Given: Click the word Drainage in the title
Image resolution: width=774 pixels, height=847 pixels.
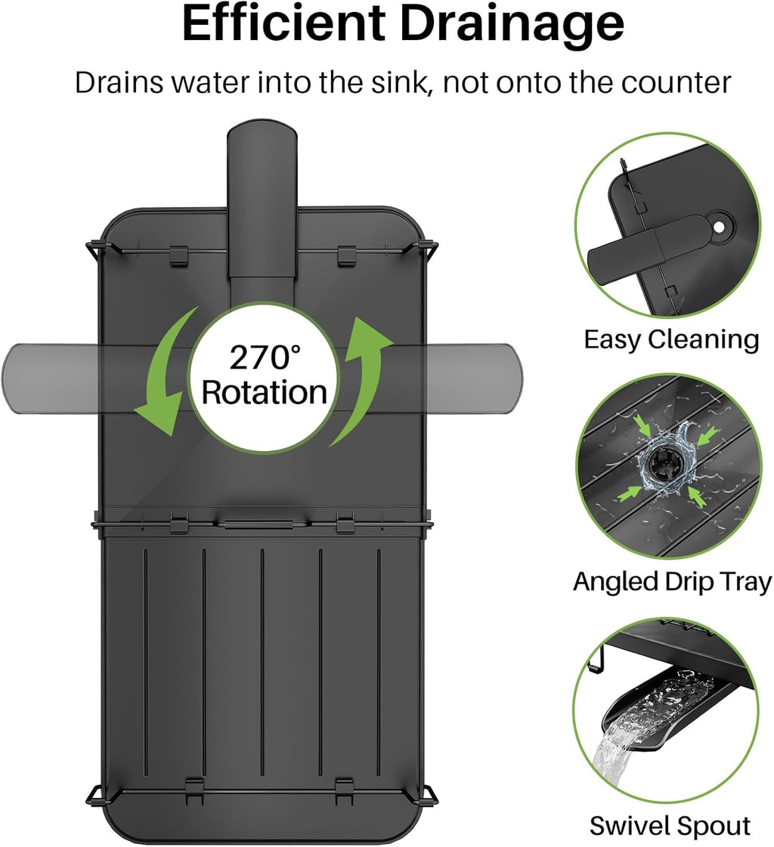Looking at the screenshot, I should (x=512, y=24).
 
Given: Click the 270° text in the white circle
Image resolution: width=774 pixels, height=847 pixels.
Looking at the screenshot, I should (x=265, y=357).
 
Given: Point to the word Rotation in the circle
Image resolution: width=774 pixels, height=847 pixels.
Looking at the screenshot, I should (x=265, y=392).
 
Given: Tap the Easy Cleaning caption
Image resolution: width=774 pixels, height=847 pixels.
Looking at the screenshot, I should (x=671, y=339).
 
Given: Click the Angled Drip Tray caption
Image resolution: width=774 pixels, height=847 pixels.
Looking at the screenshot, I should (x=672, y=581).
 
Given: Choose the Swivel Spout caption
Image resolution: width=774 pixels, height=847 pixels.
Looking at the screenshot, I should (x=670, y=825).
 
